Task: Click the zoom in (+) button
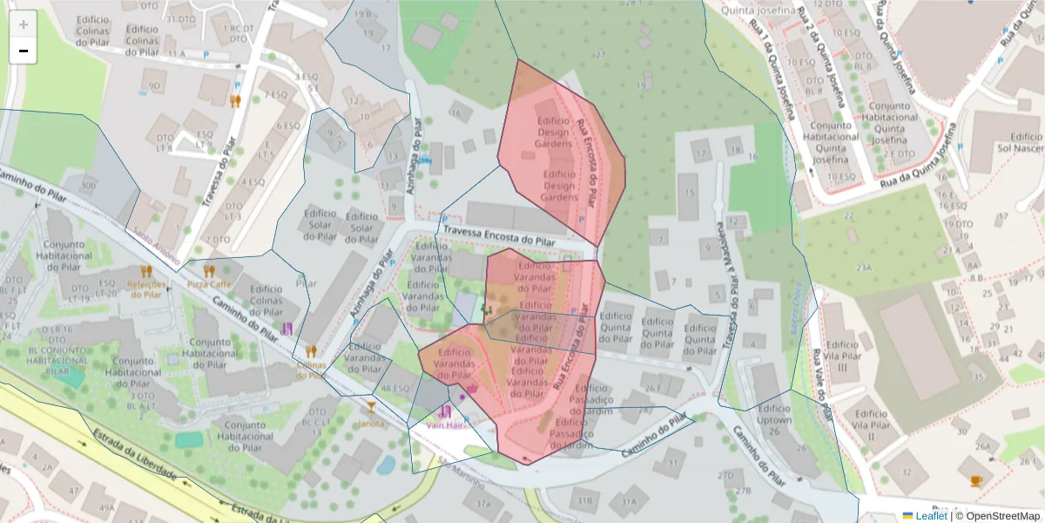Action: pos(24,24)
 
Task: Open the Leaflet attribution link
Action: pos(930,516)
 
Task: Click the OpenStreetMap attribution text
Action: pos(998,516)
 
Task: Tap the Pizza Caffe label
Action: pos(208,284)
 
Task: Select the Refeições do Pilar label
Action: pos(145,289)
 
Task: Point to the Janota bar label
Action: pos(370,424)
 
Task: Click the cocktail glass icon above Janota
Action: pos(372,406)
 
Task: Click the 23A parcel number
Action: pos(863,268)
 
